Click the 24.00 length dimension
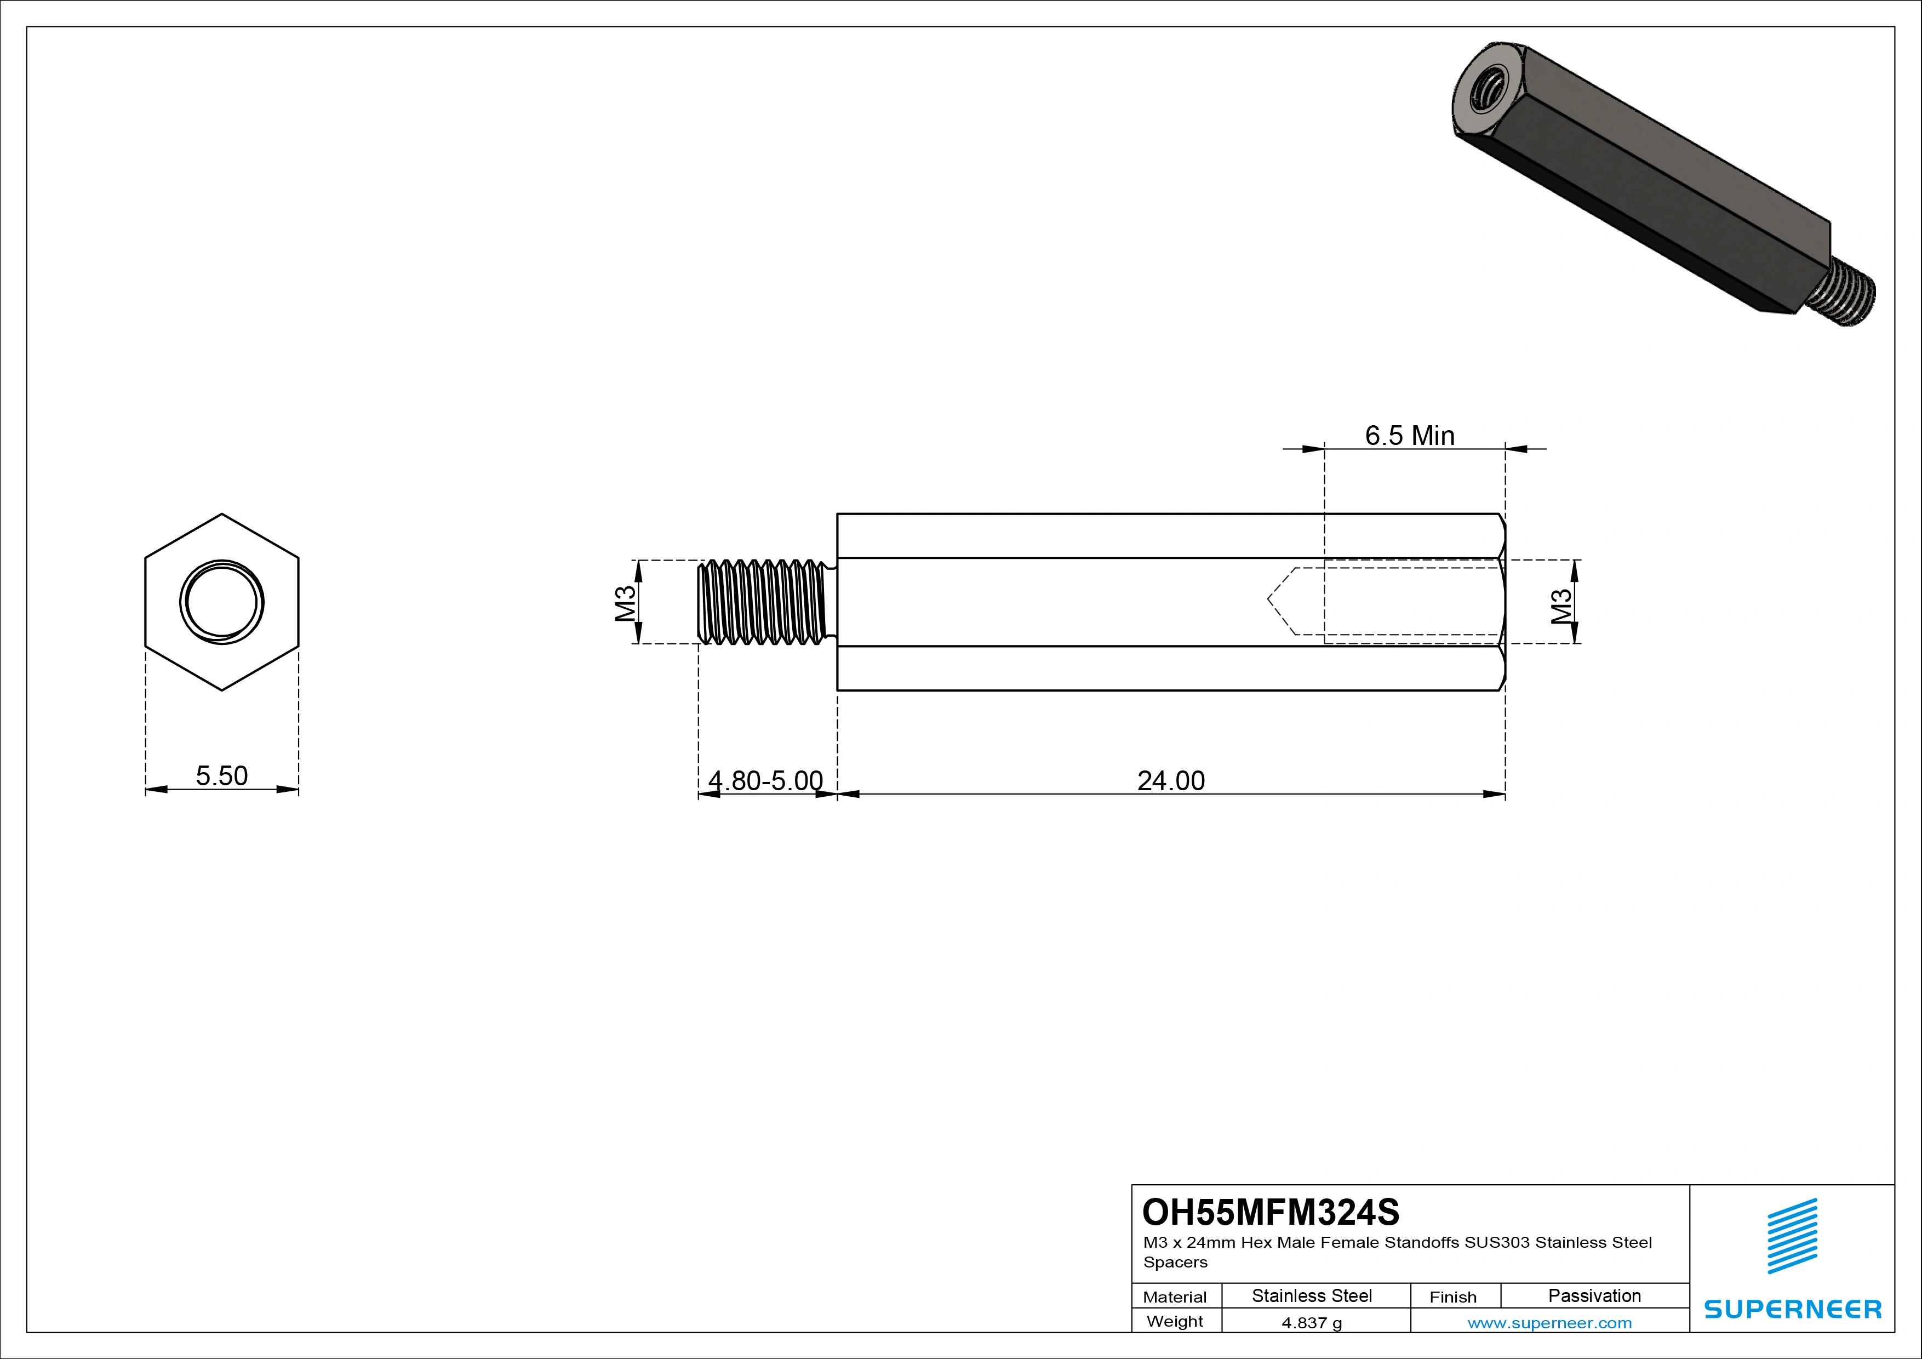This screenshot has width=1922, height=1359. [x=1170, y=780]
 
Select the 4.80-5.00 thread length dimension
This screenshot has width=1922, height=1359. [x=765, y=780]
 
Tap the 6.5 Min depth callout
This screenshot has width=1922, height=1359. [x=1410, y=436]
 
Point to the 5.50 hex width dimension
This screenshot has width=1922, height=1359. [x=222, y=775]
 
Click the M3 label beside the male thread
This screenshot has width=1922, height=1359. [x=625, y=603]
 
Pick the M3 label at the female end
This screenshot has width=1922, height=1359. [x=1561, y=606]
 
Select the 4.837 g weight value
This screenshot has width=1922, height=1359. [x=1312, y=1323]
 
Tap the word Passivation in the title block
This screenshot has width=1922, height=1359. [x=1594, y=1295]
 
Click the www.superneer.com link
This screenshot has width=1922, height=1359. [x=1549, y=1323]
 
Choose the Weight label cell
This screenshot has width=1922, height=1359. [x=1175, y=1321]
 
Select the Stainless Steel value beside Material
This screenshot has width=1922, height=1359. [x=1312, y=1295]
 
